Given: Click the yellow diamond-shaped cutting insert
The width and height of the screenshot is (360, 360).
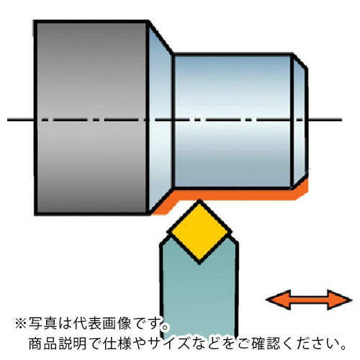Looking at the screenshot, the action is pos(199,233).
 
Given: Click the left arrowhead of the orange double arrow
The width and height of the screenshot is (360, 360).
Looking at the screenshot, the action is pos(279,300).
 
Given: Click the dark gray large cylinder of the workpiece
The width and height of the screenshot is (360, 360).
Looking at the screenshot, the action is pos(91,117).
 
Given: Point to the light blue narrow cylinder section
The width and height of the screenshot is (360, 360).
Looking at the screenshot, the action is pos(233,121).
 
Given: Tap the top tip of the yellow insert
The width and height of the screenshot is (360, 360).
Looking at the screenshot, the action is pos(199,200).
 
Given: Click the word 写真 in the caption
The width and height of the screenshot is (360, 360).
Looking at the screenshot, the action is pos(42,323).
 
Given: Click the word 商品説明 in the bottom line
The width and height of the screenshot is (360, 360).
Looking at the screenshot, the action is pos(57,343).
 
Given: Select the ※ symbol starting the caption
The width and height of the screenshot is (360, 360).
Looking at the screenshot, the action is pos(21,323).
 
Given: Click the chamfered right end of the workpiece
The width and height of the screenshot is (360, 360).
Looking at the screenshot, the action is pos(300,121).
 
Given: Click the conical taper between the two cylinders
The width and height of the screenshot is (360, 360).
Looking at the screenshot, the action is pos(161,117).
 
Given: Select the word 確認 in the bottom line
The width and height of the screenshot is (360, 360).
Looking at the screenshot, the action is pos(266,343).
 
